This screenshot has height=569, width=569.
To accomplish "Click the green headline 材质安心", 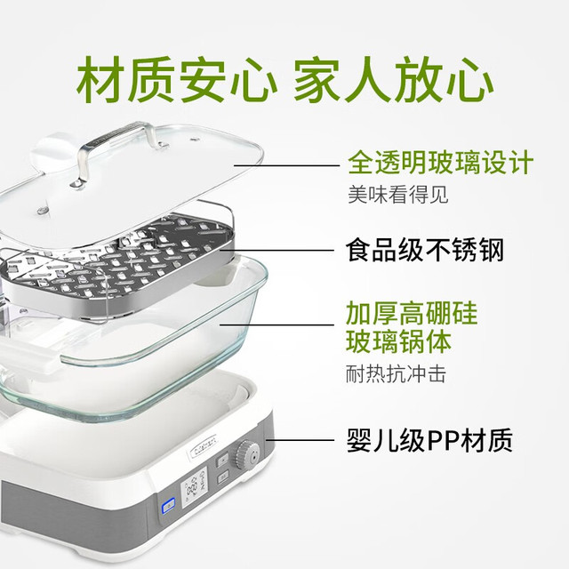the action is (177, 80).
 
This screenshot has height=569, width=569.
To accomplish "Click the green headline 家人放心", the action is (393, 80).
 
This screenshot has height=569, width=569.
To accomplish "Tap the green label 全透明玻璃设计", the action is (440, 163).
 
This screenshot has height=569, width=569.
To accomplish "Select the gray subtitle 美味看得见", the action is (398, 195).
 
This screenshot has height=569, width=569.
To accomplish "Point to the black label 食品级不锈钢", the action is (425, 250).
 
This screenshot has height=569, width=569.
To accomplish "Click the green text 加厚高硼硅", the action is (412, 313).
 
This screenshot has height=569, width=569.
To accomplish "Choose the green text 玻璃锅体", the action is (398, 341).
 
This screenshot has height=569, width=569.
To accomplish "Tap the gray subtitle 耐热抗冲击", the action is (396, 374).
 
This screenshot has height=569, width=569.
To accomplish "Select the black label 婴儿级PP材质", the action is (429, 440).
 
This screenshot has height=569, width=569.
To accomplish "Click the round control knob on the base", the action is (247, 454).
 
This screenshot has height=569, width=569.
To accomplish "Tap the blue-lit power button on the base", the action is (168, 505).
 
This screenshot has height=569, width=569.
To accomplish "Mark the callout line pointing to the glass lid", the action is (286, 165).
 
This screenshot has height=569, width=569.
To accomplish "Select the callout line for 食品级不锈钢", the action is (276, 250).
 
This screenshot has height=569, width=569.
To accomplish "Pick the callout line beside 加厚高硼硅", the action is (276, 325).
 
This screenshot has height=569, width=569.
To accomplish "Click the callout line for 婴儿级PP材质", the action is (300, 440).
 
